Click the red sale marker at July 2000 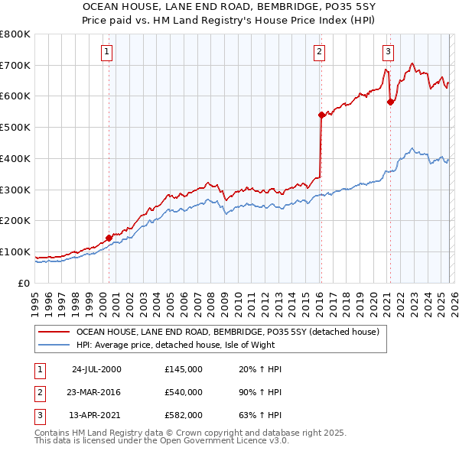[x=109, y=238]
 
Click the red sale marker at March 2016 [x=321, y=115]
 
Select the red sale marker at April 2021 [x=389, y=102]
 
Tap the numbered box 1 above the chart [x=106, y=52]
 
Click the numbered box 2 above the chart [x=318, y=52]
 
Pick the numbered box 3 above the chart [x=388, y=52]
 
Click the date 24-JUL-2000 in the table [x=96, y=369]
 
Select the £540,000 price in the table [x=184, y=392]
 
